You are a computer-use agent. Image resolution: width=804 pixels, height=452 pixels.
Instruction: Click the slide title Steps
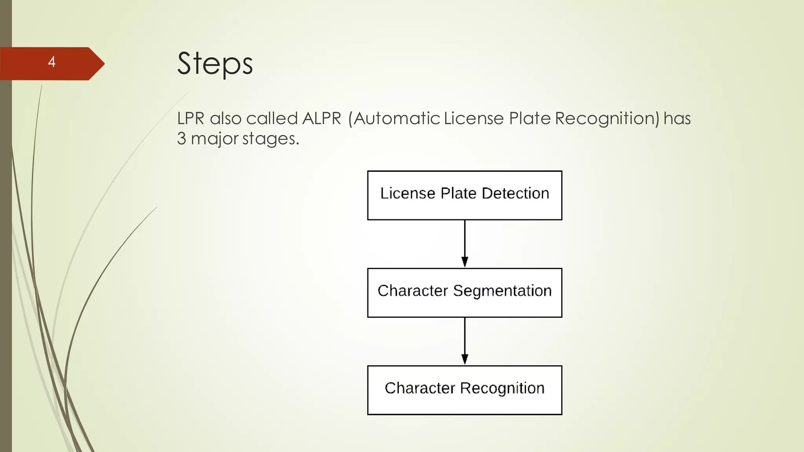pyautogui.click(x=215, y=64)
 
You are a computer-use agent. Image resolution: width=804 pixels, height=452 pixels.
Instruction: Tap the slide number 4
pyautogui.click(x=51, y=62)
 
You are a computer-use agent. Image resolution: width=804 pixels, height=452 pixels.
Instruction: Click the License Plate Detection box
pyautogui.click(x=464, y=195)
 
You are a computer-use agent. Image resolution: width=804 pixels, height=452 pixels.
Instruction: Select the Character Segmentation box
pyautogui.click(x=464, y=293)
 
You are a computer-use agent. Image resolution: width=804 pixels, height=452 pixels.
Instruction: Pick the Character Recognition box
pyautogui.click(x=464, y=390)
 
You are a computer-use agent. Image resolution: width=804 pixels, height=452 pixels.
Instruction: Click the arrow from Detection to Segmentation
pyautogui.click(x=465, y=243)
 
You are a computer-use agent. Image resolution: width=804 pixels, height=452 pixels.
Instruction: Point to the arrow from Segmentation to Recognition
pyautogui.click(x=465, y=341)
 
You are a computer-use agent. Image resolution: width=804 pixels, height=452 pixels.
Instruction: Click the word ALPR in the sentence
pyautogui.click(x=322, y=118)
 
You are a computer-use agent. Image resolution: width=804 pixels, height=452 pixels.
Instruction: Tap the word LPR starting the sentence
pyautogui.click(x=190, y=118)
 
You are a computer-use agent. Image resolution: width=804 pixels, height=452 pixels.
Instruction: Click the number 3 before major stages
pyautogui.click(x=181, y=139)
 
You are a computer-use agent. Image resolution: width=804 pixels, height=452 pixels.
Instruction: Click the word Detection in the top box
pyautogui.click(x=515, y=193)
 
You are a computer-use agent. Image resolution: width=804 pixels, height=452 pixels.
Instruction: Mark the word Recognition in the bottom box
pyautogui.click(x=502, y=388)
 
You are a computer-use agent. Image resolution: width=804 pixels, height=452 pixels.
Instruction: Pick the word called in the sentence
pyautogui.click(x=272, y=118)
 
